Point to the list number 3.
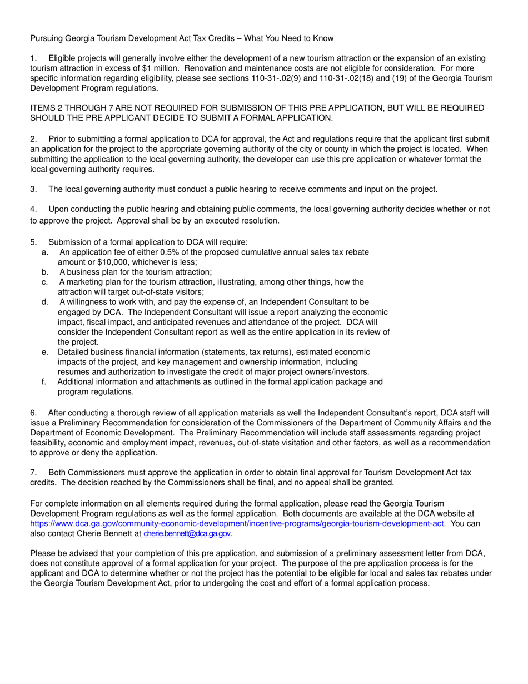point(33,190)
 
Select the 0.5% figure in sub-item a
point(172,252)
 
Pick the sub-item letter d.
point(44,302)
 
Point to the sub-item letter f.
point(44,382)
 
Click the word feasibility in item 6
point(47,443)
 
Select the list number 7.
point(33,472)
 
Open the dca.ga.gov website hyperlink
point(237,523)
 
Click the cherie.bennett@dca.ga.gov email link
point(186,533)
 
